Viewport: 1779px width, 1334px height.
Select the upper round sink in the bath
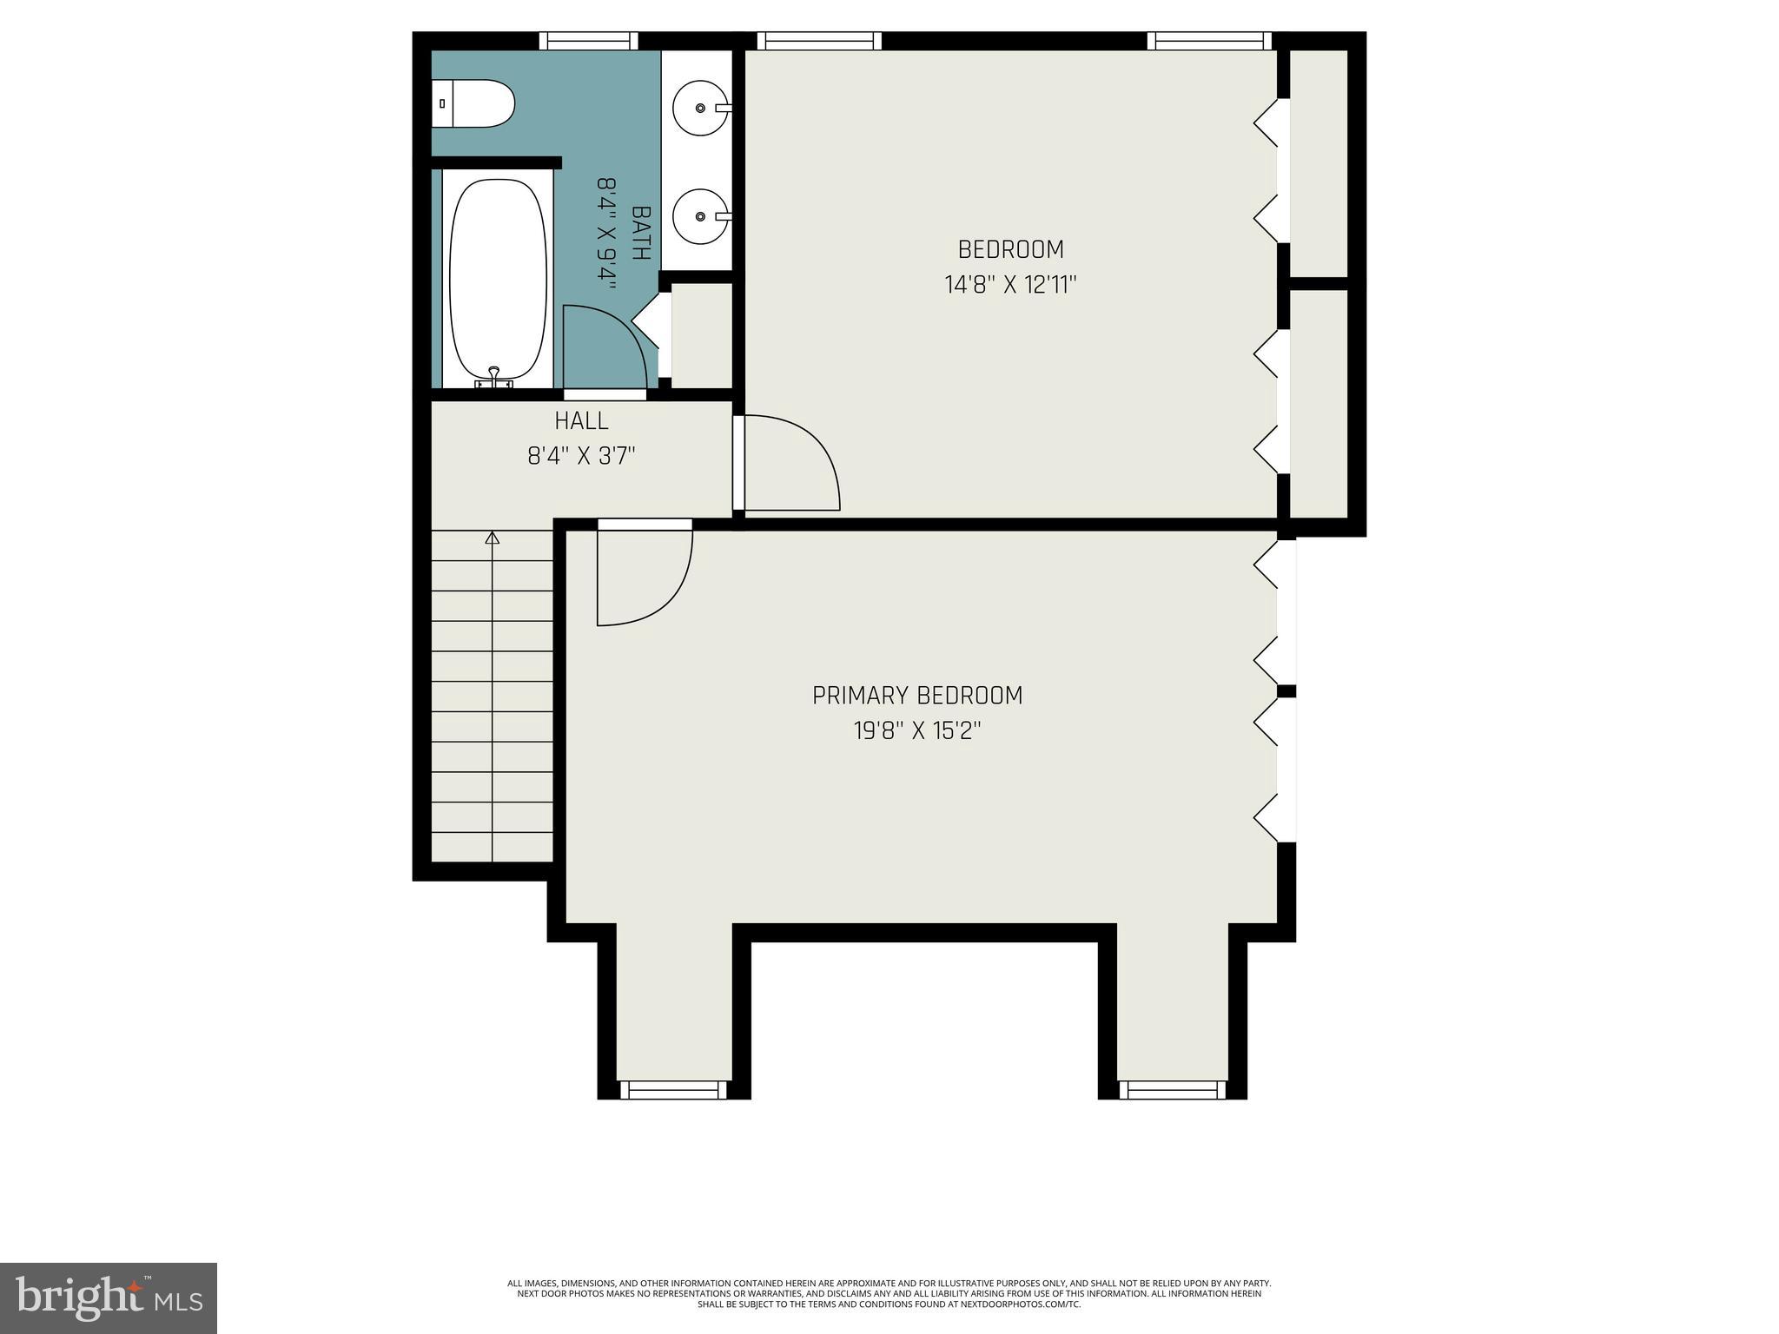point(700,109)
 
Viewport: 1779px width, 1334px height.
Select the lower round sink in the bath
point(700,217)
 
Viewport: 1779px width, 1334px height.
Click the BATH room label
point(641,233)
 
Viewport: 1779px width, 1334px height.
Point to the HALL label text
point(581,421)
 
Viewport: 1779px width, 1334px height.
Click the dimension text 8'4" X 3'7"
point(581,456)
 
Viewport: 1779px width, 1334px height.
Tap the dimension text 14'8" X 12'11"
point(1010,285)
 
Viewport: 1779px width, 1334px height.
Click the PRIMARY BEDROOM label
point(917,696)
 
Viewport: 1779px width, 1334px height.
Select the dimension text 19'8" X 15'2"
point(917,731)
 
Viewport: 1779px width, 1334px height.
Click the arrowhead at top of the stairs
point(493,538)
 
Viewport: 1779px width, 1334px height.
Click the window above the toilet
point(588,40)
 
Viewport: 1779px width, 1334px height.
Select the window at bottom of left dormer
point(673,1089)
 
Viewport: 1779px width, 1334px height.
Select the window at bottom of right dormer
point(1173,1089)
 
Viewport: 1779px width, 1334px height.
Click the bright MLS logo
point(109,1298)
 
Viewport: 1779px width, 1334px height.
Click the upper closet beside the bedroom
point(1318,163)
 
